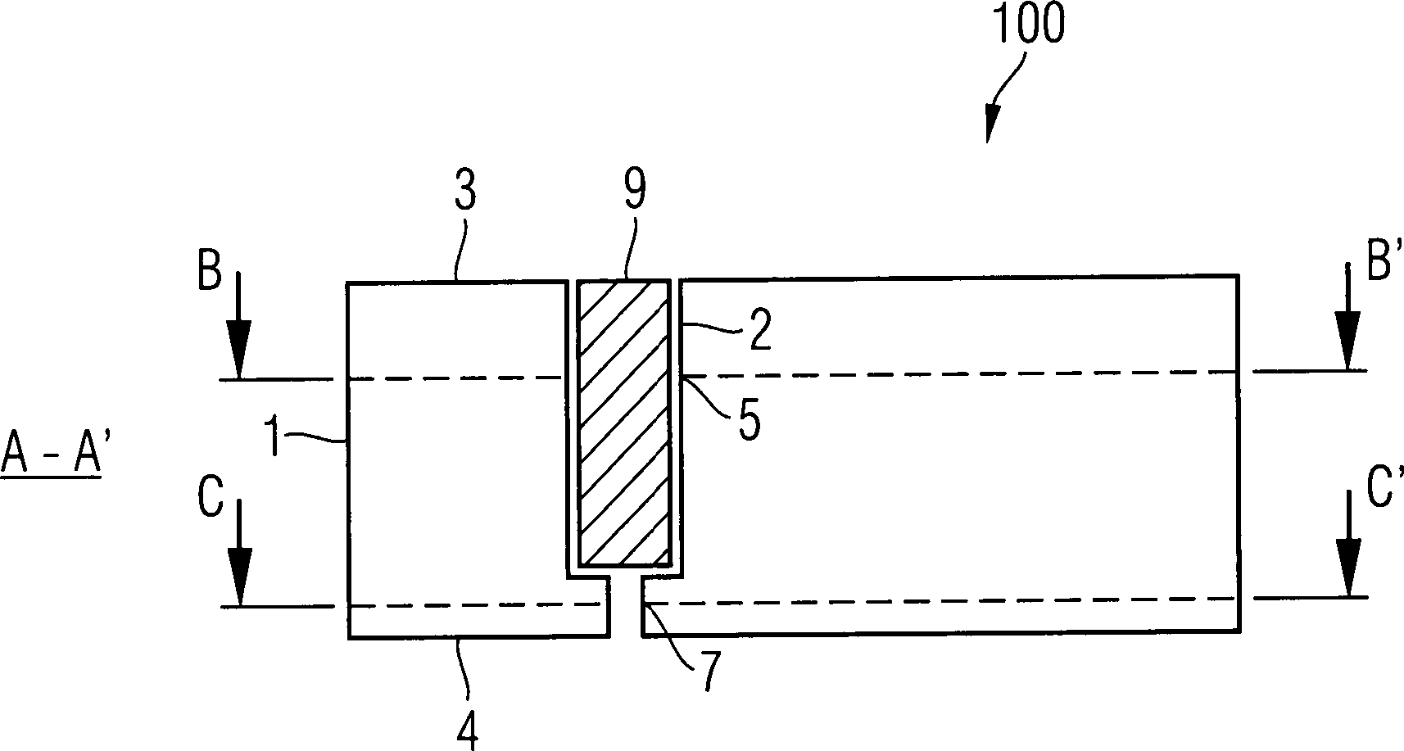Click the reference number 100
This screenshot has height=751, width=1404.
tap(1028, 25)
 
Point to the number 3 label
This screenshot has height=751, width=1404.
tap(464, 192)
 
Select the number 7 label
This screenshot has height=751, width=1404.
tap(709, 672)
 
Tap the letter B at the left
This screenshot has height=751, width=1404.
tap(210, 272)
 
